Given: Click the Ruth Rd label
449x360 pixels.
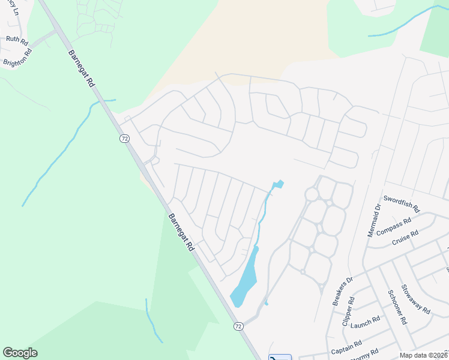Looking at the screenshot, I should [17, 40].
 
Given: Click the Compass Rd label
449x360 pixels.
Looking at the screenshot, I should [393, 227].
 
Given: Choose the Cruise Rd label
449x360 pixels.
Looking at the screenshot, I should [404, 238].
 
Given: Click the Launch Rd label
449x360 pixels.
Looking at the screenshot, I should [365, 322].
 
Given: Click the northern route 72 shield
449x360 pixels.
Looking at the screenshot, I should [124, 139].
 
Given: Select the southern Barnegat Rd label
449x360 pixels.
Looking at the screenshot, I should [181, 232].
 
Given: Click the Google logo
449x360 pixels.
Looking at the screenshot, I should [20, 353].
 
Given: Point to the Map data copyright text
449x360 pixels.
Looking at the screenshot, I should [423, 355].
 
